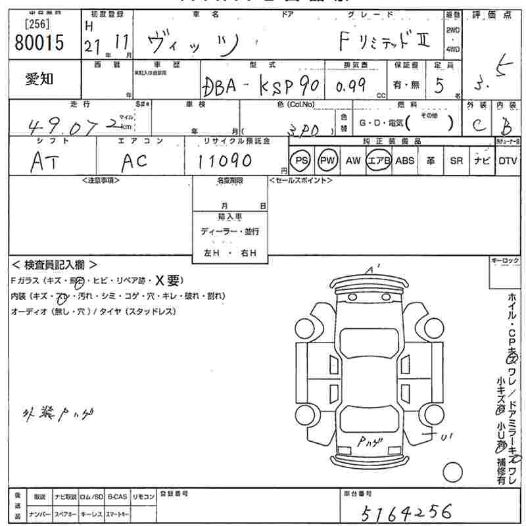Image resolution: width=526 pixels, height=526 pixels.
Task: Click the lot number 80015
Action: tap(39, 43)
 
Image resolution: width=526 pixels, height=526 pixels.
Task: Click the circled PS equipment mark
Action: tap(302, 161)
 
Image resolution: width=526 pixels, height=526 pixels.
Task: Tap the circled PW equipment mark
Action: tap(327, 161)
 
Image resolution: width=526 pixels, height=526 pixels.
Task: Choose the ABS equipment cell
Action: tap(404, 161)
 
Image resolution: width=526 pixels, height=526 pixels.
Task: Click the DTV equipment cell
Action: tap(507, 161)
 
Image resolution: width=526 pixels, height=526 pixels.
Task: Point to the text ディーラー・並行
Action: tap(230, 231)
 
